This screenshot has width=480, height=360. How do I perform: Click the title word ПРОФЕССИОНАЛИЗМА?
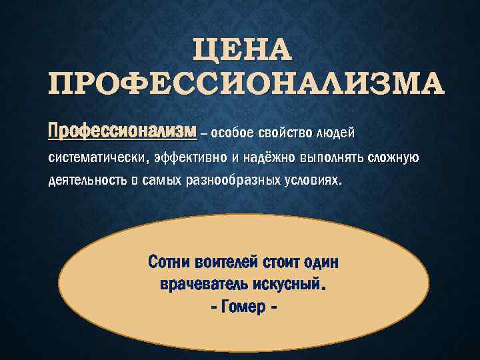click(x=246, y=85)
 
